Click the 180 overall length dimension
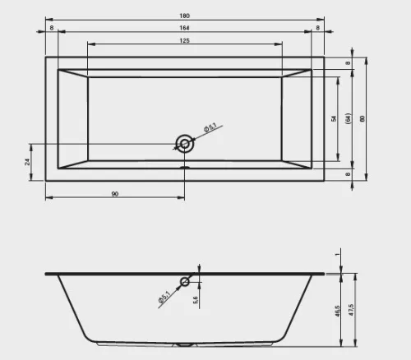[184, 16]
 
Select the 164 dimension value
[184, 28]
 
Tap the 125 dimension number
[184, 40]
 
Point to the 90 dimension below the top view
[115, 194]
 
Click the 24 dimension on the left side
[27, 162]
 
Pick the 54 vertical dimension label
[334, 118]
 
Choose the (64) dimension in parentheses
[349, 118]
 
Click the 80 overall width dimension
[363, 118]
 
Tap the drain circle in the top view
[185, 144]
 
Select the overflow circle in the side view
[185, 282]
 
